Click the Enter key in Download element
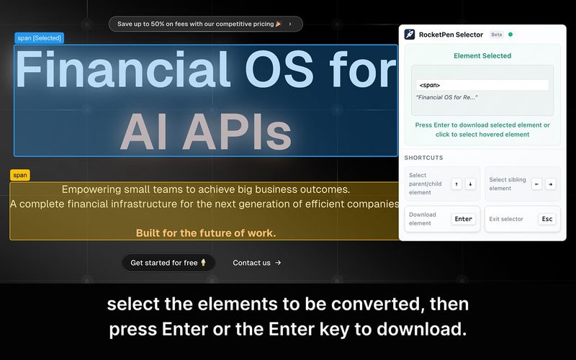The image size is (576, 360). [x=464, y=219]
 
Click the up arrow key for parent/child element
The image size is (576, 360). [x=456, y=184]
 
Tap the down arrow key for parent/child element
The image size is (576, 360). [x=470, y=184]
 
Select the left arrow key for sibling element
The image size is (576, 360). [x=536, y=184]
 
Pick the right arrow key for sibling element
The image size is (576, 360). [x=551, y=184]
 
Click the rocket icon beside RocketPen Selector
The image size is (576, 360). [x=410, y=35]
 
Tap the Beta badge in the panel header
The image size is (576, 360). [x=497, y=35]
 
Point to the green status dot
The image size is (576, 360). [x=510, y=34]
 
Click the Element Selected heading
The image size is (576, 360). [x=482, y=55]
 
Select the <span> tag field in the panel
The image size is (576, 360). [x=482, y=85]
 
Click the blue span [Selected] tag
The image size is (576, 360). [x=40, y=38]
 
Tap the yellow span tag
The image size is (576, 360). [x=20, y=175]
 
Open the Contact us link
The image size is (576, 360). [x=256, y=263]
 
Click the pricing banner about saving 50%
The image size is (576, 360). [x=205, y=24]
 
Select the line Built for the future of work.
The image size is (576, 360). [x=206, y=233]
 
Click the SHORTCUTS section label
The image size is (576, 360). [x=424, y=158]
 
